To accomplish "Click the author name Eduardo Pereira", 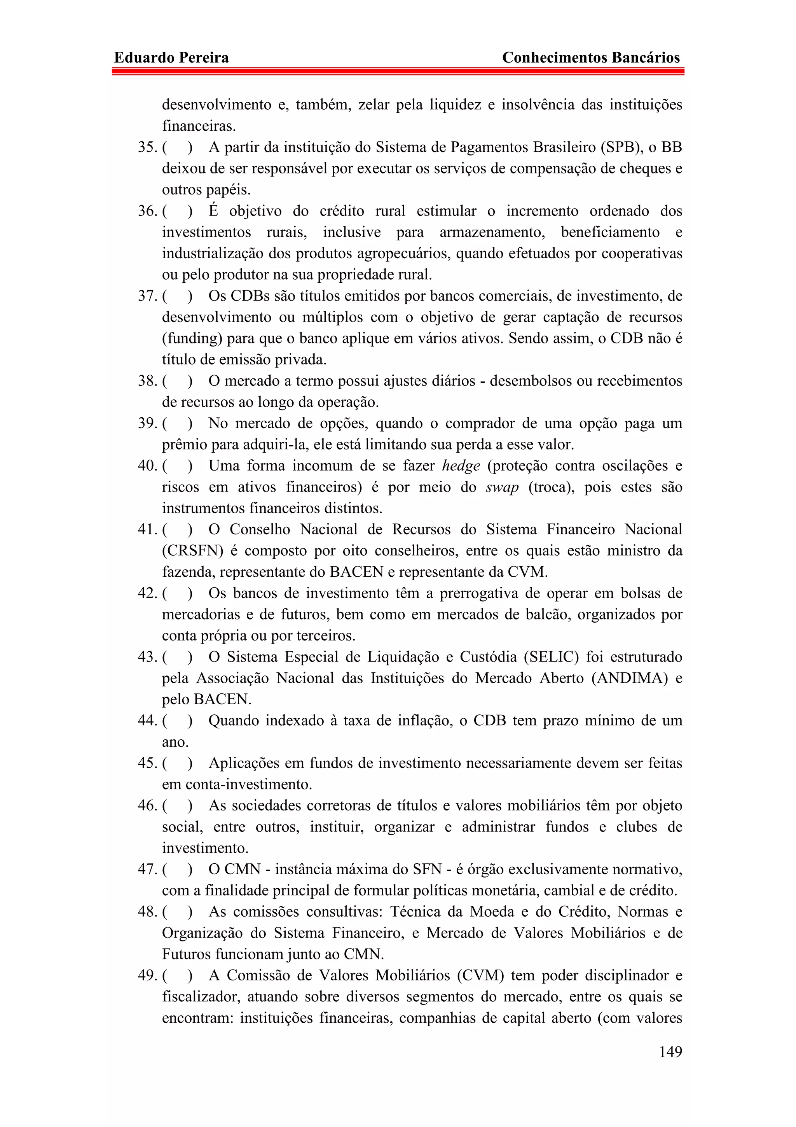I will pyautogui.click(x=171, y=58).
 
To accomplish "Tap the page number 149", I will pyautogui.click(x=670, y=1052).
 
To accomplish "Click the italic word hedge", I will pyautogui.click(x=461, y=466).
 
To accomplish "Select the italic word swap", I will pyautogui.click(x=502, y=487).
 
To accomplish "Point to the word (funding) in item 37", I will pyautogui.click(x=190, y=339).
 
